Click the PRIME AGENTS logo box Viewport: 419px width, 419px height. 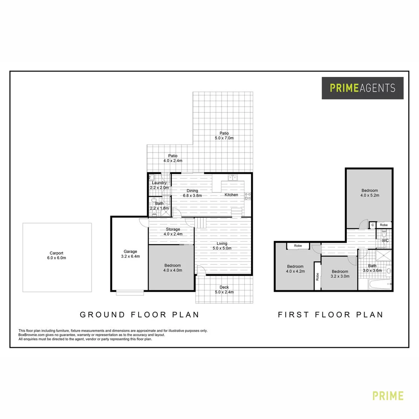coord(362,88)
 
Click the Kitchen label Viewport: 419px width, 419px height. coord(231,195)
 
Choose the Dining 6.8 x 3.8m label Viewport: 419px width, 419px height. coord(192,193)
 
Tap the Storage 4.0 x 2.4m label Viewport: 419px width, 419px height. coord(173,232)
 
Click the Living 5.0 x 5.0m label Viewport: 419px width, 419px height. coord(222,246)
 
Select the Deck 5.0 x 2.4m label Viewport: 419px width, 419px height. coord(224,290)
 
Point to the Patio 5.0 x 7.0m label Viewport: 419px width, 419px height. coord(224,135)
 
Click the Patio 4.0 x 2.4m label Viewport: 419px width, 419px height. coord(173,158)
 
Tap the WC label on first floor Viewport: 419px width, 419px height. coord(385,241)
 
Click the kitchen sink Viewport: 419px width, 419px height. coord(233,178)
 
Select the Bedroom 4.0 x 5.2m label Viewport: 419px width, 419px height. coord(369,193)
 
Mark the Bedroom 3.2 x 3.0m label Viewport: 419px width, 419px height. coord(340,274)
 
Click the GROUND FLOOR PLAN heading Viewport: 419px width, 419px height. coord(139,315)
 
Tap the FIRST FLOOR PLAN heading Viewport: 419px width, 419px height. coord(330,315)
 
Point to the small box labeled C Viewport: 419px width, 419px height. coord(372,225)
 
